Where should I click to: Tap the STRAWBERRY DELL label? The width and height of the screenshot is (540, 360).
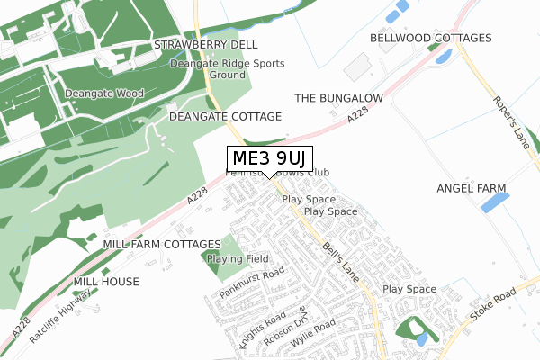tap(205, 44)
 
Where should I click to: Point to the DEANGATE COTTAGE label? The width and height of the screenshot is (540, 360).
tap(225, 117)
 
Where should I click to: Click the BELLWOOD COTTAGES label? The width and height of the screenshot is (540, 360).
tap(431, 39)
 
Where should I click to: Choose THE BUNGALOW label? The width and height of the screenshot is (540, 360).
tap(339, 97)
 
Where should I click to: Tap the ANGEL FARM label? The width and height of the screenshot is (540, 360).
tap(472, 188)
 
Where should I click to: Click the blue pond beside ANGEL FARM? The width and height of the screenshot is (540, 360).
tap(495, 202)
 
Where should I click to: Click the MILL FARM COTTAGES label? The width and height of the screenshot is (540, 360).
tap(162, 245)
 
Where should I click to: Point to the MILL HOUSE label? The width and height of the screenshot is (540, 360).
tap(106, 282)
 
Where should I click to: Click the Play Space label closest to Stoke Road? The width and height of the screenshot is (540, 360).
tap(409, 289)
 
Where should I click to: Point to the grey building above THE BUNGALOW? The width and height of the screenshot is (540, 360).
tap(356, 66)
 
